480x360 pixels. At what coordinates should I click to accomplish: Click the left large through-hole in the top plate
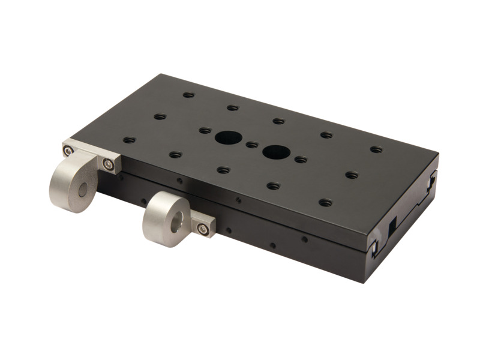coord(228,137)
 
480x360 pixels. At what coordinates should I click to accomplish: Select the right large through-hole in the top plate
coord(275,152)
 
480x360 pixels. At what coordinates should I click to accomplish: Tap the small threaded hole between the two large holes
coord(252,145)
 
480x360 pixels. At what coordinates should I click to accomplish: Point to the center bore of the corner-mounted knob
coord(83,190)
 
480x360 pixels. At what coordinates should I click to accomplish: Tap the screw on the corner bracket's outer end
coord(68,151)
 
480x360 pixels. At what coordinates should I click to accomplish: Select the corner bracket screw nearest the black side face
coord(108,164)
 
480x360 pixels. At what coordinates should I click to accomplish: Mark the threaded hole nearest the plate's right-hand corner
coord(376,149)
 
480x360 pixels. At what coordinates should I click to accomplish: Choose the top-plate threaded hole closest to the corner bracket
coord(129,140)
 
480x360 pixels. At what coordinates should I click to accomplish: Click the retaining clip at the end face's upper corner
coord(431,180)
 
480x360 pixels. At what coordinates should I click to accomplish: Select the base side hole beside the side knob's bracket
coord(228,230)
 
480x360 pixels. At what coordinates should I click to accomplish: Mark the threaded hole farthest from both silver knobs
coord(376,149)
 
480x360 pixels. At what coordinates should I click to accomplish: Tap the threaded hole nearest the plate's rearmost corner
coord(188,95)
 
